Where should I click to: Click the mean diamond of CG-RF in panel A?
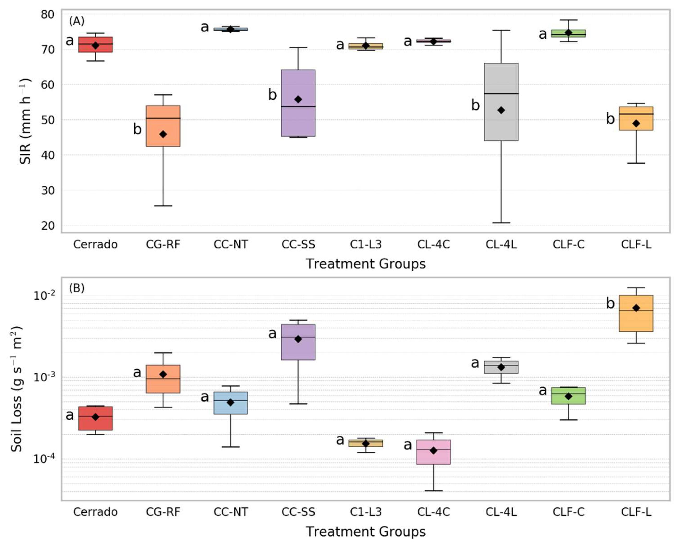pos(163,134)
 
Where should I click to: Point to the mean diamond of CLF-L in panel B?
pos(636,308)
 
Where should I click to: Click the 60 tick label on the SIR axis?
pos(48,85)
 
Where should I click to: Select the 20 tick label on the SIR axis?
pos(48,226)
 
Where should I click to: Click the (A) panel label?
pos(77,21)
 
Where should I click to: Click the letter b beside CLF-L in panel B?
pos(610,303)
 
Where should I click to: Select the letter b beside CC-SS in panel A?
pos(272,95)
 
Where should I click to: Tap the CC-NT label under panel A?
pos(231,245)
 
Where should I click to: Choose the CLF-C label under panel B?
pos(568,512)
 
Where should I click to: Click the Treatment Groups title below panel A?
pos(366,264)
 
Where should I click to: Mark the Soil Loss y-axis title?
pos(17,389)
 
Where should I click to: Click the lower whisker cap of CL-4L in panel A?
pos(501,223)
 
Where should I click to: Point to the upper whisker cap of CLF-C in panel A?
pos(568,20)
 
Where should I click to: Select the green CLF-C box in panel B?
pos(568,396)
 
